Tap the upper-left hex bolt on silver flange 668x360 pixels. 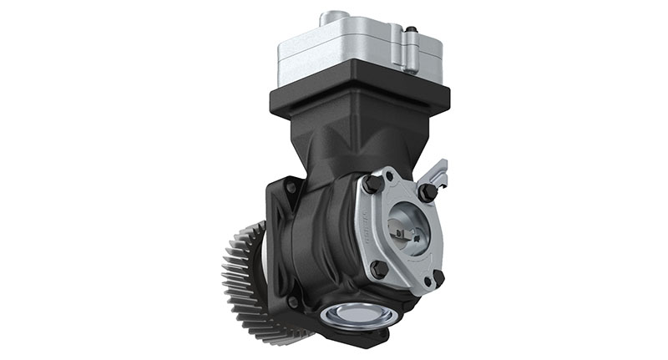coord(372,183)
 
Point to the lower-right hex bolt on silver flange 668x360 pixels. coord(435,278)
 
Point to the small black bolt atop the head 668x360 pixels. coord(412,31)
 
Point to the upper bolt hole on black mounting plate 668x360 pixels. coord(289,189)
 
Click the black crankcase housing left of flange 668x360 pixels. coord(321,242)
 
